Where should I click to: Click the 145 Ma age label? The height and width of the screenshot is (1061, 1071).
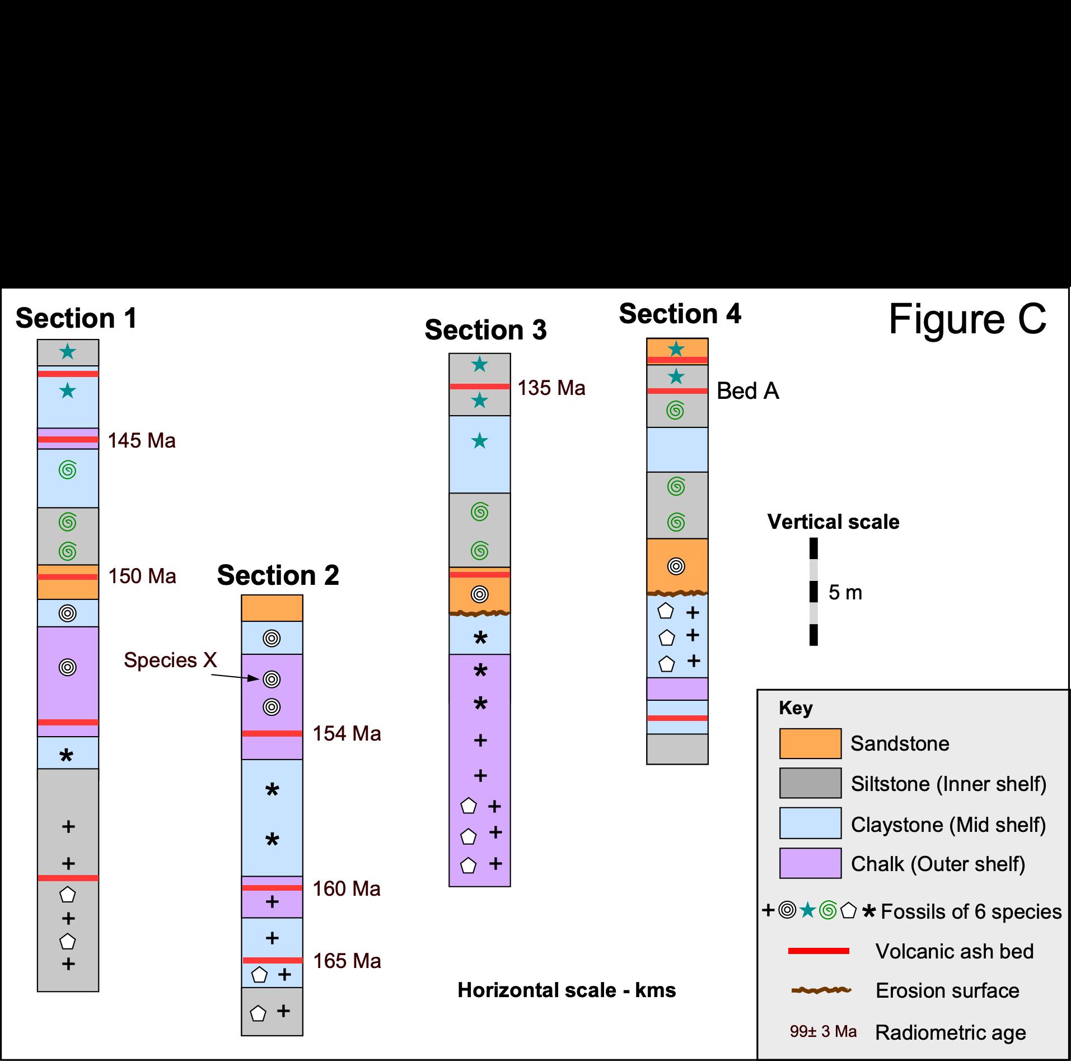142,441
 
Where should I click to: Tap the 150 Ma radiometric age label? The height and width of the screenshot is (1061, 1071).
142,576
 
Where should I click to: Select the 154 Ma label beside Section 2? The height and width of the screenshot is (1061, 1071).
347,734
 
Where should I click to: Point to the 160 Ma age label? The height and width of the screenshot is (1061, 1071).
347,889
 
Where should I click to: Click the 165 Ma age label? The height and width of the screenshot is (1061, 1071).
347,961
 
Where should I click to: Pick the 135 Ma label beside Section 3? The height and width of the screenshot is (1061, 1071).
551,388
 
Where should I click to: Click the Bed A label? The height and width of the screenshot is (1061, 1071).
748,391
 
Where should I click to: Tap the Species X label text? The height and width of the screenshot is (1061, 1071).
170,660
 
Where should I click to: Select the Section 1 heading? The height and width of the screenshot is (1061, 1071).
76,318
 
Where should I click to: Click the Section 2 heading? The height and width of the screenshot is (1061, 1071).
278,575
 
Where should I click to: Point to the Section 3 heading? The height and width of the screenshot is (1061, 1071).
485,330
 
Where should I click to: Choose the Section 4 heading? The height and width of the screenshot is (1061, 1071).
680,314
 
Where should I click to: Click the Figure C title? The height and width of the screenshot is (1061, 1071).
967,319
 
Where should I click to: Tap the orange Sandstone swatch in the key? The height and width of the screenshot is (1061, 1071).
810,743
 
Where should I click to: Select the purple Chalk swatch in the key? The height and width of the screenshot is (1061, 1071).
810,863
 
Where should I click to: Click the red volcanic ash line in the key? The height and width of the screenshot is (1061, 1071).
819,951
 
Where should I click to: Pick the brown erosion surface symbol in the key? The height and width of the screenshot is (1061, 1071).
821,990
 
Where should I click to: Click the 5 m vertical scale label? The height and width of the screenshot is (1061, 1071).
845,593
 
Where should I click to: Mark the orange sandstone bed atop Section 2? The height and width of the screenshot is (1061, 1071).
272,608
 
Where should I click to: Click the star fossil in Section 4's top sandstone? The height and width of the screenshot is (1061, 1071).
677,350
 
